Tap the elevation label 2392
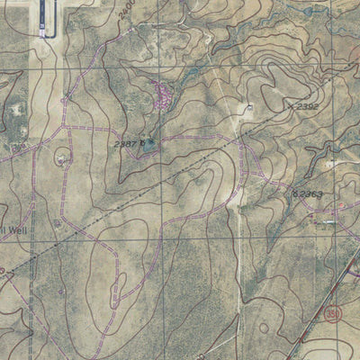click(x=308, y=106)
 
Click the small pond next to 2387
click(x=148, y=142)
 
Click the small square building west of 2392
click(x=249, y=107)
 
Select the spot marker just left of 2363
click(x=293, y=193)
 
